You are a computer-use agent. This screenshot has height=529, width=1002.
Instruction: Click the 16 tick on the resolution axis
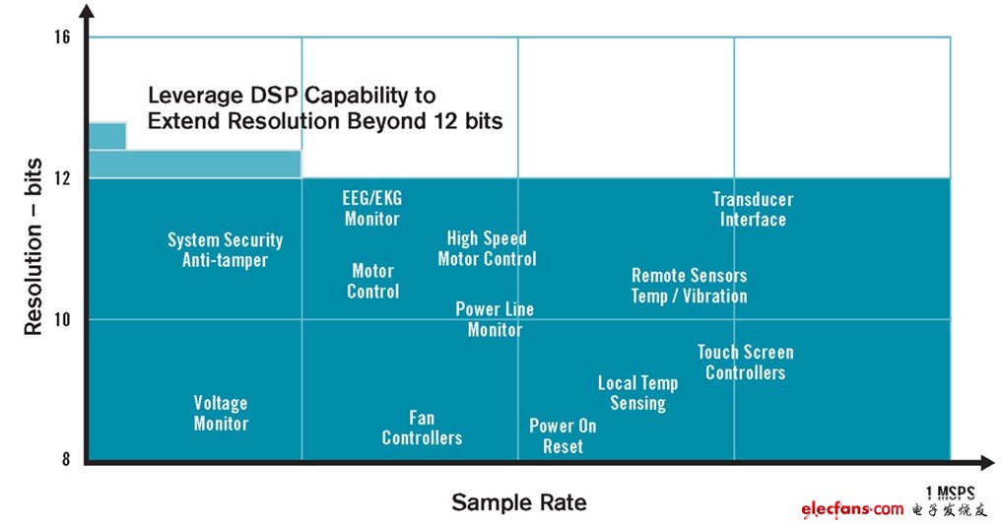[x=63, y=37]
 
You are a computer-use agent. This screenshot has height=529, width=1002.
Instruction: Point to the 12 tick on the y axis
[x=63, y=178]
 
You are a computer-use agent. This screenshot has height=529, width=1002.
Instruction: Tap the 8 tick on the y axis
[x=67, y=460]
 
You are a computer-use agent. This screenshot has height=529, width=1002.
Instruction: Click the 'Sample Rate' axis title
[x=518, y=502]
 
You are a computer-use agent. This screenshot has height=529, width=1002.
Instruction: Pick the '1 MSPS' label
[x=950, y=492]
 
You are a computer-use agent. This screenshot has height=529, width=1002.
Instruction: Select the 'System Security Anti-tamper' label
[x=225, y=250]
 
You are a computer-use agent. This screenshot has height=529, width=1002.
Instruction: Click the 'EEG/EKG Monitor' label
[x=371, y=209]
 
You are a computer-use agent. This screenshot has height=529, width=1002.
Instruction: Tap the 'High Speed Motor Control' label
[x=487, y=248]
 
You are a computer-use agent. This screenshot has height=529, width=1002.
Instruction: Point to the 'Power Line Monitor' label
[x=495, y=319]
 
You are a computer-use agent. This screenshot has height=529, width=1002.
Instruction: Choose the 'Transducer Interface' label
[x=753, y=210]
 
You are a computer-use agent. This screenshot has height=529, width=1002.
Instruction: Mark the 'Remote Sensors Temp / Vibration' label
[x=689, y=286]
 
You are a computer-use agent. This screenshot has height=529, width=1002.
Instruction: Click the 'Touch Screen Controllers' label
[x=745, y=363]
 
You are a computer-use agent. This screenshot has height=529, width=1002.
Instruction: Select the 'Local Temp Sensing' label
[x=637, y=393]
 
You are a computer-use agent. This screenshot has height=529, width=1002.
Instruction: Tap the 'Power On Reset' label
[x=563, y=435]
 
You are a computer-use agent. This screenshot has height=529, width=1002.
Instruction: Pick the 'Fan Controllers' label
[x=422, y=428]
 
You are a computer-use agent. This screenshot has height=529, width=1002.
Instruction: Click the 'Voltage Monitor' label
[x=221, y=414]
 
